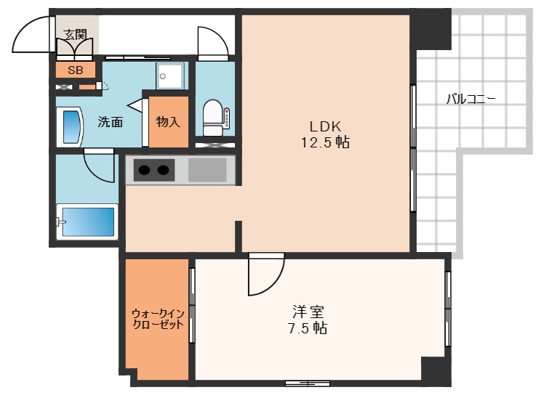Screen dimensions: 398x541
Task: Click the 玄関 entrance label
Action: tap(74, 34)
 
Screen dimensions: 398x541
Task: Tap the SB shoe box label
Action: tap(75, 70)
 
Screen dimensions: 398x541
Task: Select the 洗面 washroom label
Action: tap(110, 122)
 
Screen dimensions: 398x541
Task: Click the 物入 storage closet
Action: tap(168, 121)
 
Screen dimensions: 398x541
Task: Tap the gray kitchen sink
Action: tap(207, 171)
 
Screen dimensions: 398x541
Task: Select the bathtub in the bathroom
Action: tap(87, 222)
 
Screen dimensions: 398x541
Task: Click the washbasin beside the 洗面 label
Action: tap(71, 126)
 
